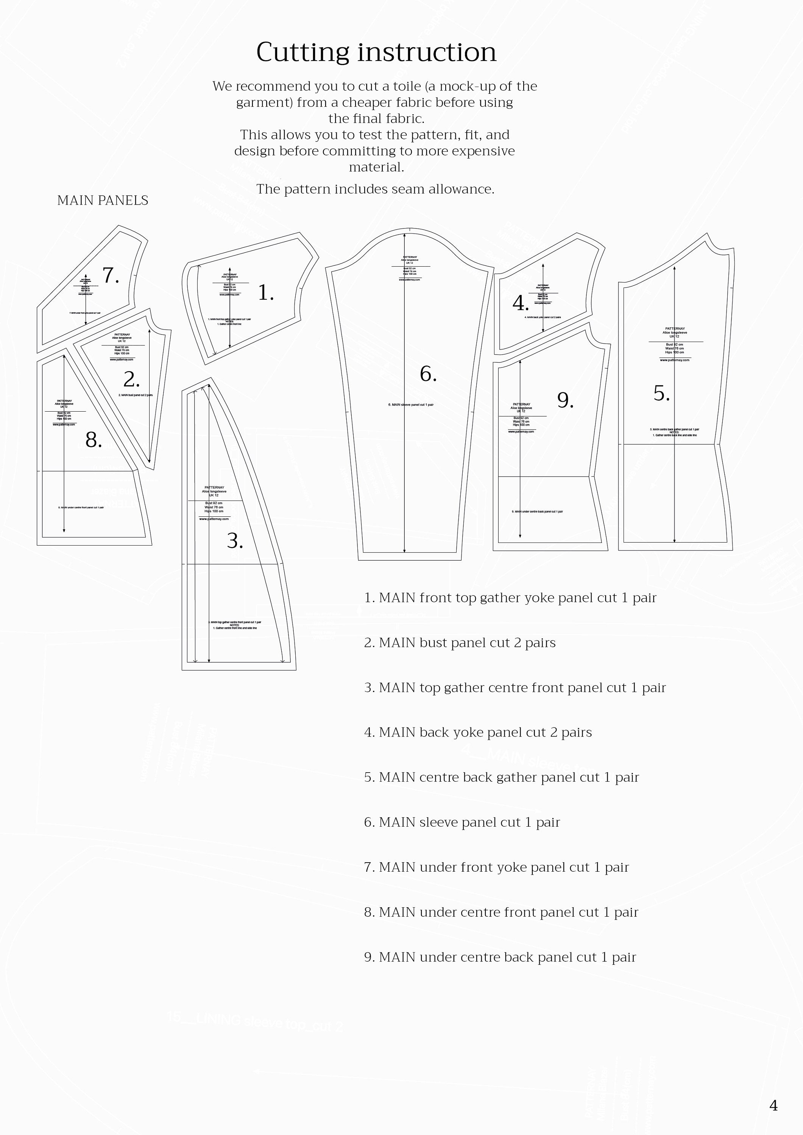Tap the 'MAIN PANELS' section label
(103, 200)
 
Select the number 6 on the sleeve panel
(427, 374)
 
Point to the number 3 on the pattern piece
(234, 541)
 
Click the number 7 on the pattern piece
(110, 275)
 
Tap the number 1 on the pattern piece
(265, 293)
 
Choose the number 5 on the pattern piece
(661, 393)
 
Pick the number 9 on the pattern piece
(565, 400)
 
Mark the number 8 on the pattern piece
(93, 440)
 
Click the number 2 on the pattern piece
(131, 379)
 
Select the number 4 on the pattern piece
(520, 303)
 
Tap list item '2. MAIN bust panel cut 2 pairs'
(460, 643)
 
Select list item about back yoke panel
(477, 732)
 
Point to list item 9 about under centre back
(500, 957)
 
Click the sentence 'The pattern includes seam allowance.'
(375, 189)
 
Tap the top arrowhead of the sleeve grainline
(405, 235)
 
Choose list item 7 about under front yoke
(496, 867)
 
